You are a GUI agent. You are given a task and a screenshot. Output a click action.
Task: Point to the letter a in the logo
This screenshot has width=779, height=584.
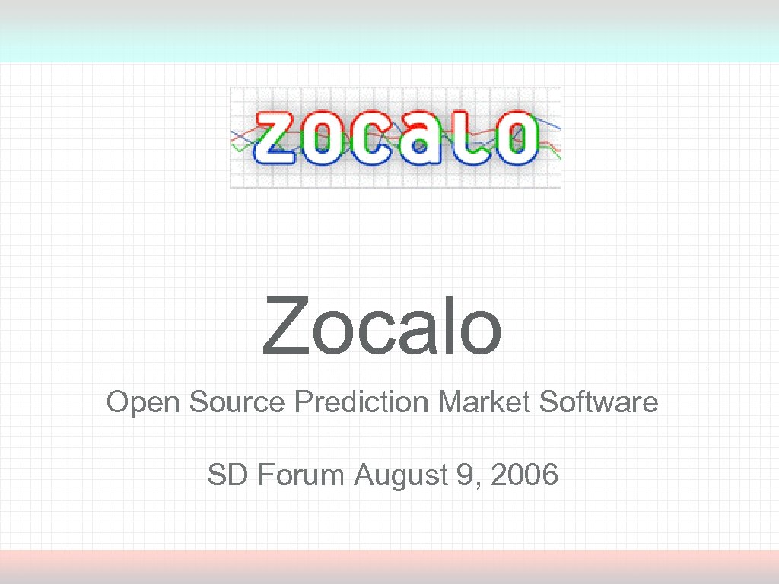[419, 139]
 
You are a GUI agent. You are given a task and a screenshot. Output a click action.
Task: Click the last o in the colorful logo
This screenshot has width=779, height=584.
[514, 138]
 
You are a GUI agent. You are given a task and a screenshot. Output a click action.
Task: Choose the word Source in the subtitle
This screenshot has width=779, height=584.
[237, 401]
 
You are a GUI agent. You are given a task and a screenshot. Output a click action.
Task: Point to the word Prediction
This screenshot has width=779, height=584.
[362, 401]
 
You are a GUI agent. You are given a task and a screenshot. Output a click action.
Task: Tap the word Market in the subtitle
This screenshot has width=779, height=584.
[485, 401]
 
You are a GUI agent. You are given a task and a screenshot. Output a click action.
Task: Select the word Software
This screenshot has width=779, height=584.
[599, 401]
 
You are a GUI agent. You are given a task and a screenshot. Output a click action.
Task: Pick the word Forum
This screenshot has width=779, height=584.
[301, 476]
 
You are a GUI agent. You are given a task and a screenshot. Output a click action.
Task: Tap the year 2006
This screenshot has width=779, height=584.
[525, 476]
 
